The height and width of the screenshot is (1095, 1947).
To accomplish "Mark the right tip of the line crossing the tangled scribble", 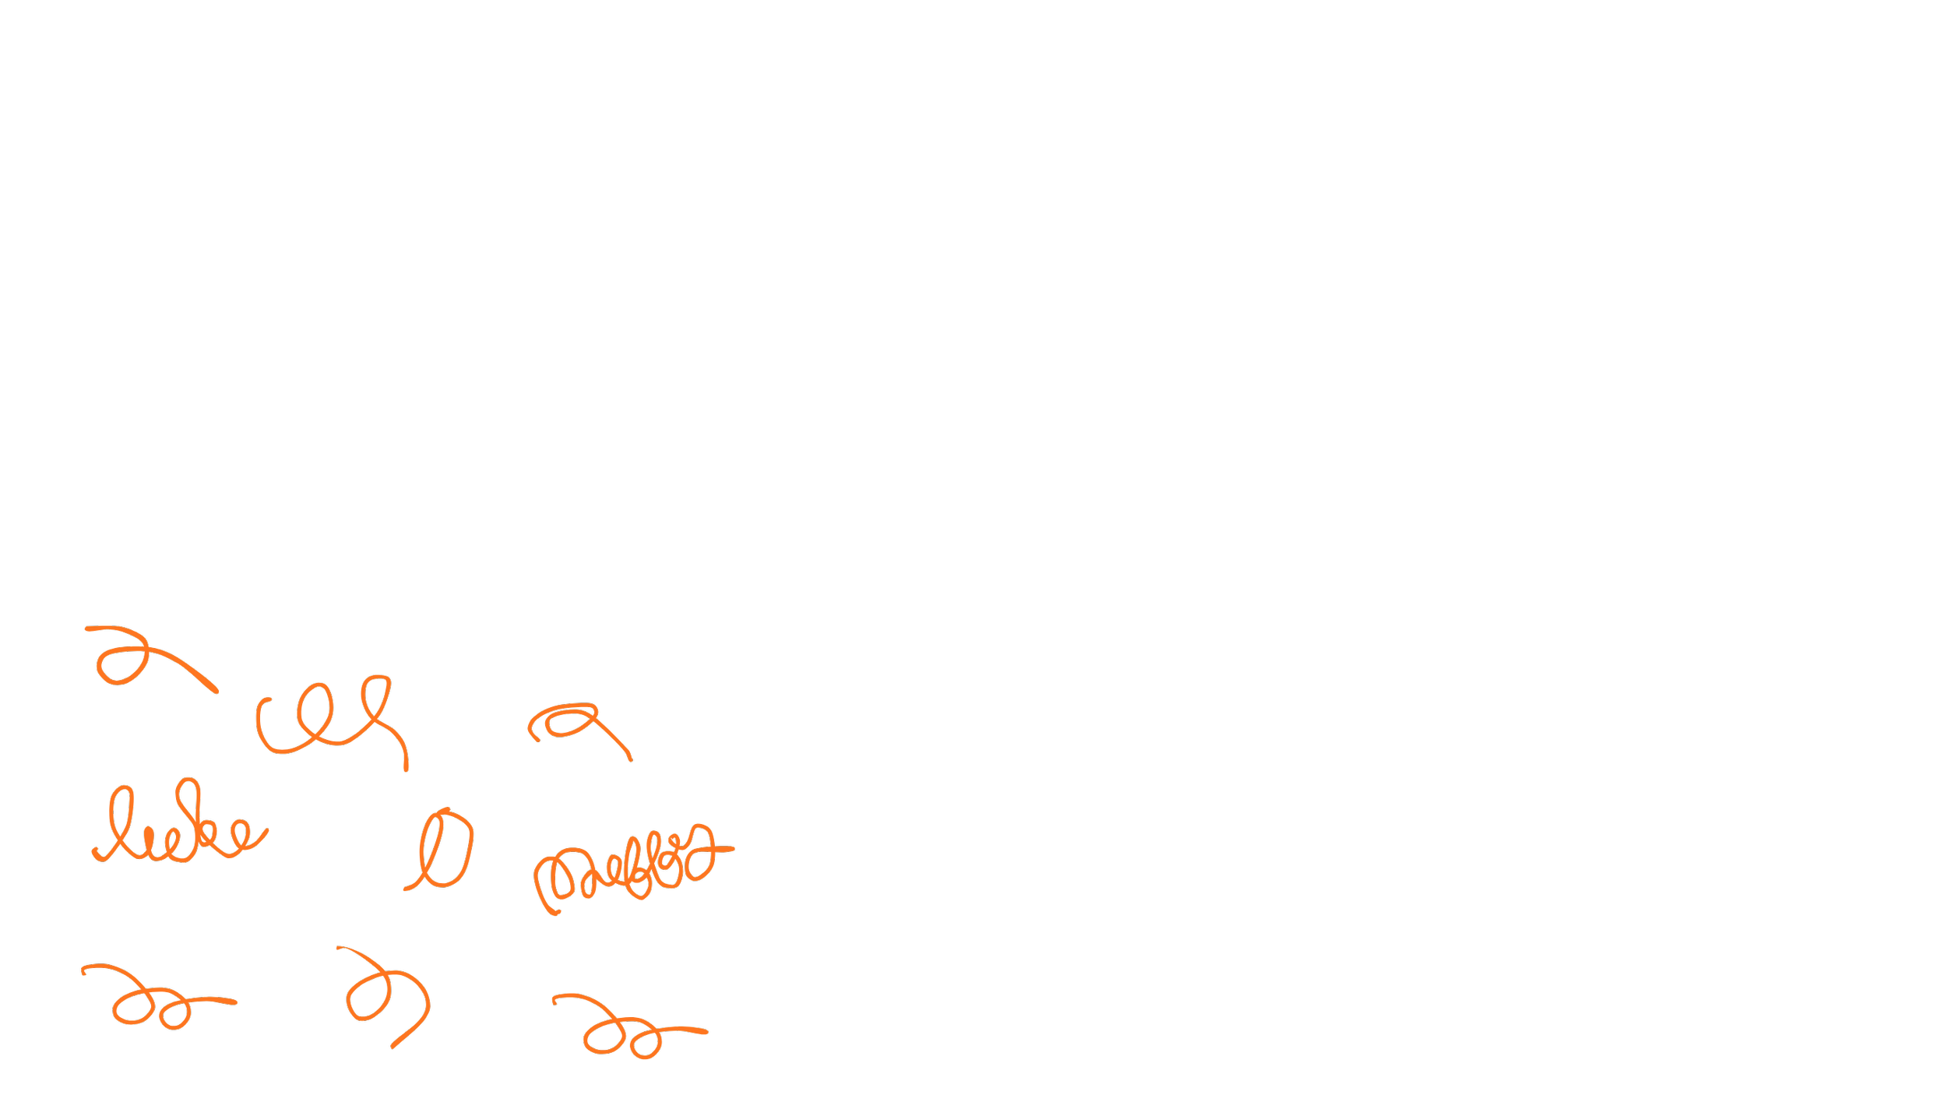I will click(x=732, y=848).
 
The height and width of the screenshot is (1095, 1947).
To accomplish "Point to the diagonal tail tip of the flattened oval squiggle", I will click(x=630, y=759).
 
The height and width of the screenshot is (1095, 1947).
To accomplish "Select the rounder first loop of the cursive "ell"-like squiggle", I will click(x=315, y=710).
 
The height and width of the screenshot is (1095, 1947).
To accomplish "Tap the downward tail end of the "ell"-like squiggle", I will click(x=406, y=769).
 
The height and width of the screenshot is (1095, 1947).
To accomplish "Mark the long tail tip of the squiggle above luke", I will click(x=216, y=690).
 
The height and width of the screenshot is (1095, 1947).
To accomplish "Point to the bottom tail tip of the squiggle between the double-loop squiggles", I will click(x=393, y=1046).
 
